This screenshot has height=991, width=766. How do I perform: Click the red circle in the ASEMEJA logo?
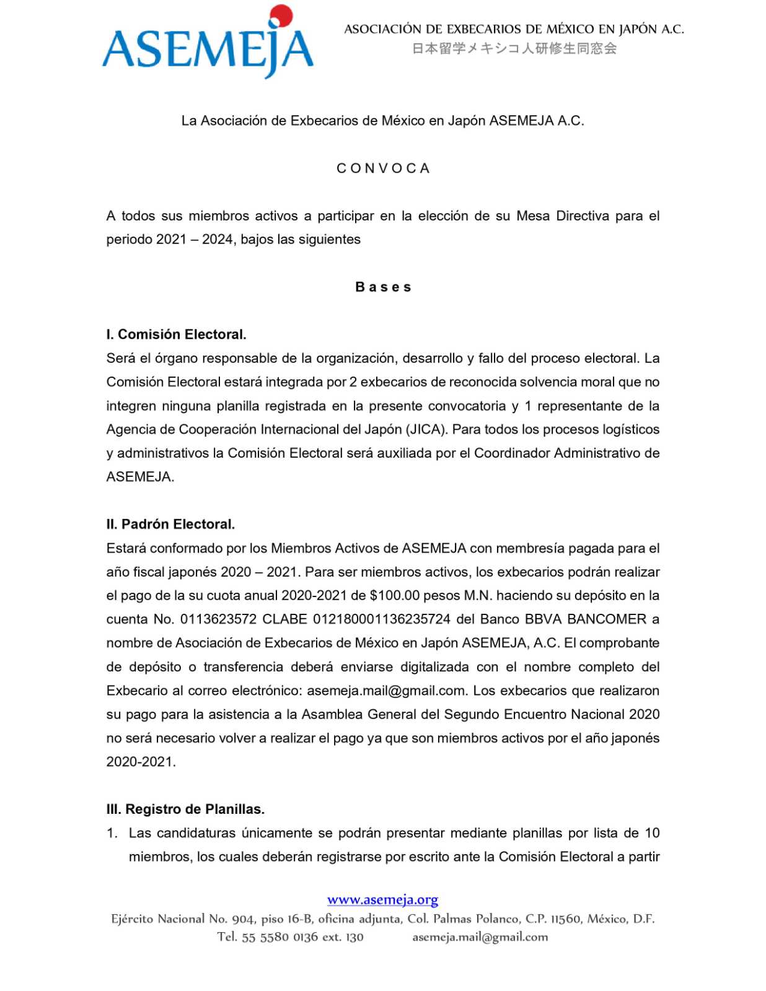pos(282,16)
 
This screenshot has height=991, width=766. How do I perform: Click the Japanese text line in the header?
pos(514,48)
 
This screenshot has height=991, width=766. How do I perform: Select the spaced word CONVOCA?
pos(383,168)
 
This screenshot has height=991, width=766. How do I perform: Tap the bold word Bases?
pos(383,287)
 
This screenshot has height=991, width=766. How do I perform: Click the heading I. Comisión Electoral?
pos(176,334)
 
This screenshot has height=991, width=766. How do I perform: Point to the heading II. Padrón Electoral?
pos(170,524)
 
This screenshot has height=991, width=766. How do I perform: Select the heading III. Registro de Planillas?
pos(185,809)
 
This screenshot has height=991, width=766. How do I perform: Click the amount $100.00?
pos(394,595)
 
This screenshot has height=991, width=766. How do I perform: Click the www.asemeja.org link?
pos(382,899)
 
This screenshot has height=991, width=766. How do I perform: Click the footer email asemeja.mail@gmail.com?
pos(480,936)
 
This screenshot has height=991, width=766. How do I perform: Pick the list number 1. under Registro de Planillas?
pos(112,833)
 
